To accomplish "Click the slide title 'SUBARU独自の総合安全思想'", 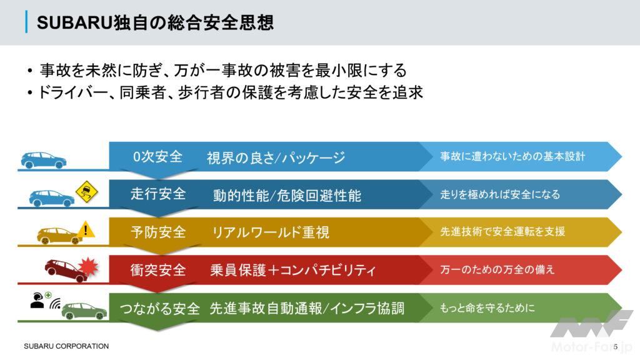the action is pos(155,22).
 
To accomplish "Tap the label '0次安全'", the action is pos(158,157).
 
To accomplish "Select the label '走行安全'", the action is pos(158,194).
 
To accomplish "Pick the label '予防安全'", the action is pos(158,232).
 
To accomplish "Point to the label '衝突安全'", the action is pos(158,270).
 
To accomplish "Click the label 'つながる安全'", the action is pos(159,309).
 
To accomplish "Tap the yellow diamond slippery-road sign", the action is pos(87,191).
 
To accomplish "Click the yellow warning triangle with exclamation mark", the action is pos(86,229).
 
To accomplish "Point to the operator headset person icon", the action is pos(37,301).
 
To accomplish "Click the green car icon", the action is pos(84,311).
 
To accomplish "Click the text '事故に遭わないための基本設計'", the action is pos(512,156).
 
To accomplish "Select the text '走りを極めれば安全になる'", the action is pos(500,194).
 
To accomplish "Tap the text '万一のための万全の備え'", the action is pos(497,269).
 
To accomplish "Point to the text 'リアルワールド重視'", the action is pos(271,232).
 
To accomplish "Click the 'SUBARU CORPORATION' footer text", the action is pos(66,346).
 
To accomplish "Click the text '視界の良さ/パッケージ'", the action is pos(276,157).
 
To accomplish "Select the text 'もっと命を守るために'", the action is pos(487,307).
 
